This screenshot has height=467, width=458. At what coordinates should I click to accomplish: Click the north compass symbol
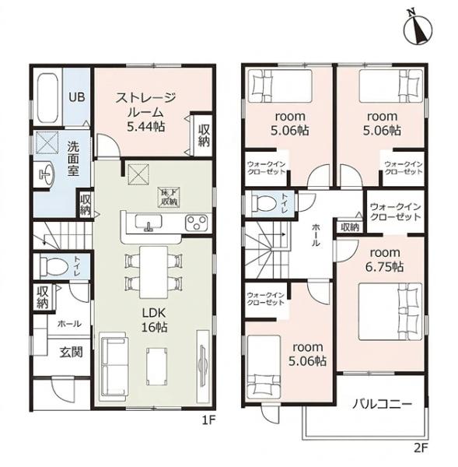[x=418, y=28]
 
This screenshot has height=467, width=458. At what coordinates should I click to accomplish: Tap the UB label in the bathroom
[x=77, y=97]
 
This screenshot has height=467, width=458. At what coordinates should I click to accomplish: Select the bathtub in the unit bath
[x=48, y=98]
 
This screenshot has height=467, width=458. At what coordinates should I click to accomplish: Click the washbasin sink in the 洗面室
[x=46, y=174]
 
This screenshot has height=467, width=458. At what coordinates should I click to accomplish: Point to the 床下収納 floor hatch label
[x=170, y=197]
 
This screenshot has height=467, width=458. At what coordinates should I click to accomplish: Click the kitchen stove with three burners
[x=197, y=223]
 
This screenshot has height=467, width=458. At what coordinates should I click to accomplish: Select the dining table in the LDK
[x=153, y=272]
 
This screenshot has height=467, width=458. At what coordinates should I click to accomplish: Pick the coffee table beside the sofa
[x=156, y=366]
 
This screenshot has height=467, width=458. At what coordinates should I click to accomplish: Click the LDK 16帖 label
[x=154, y=320]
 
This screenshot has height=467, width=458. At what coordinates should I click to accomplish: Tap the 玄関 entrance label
[x=71, y=352]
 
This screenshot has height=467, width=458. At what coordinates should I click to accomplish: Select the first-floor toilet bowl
[x=55, y=267]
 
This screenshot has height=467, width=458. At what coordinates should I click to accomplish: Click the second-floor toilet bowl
[x=265, y=203]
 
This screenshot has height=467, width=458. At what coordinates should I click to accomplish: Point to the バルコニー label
[x=382, y=404]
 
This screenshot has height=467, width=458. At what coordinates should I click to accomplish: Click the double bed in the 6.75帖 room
[x=390, y=311]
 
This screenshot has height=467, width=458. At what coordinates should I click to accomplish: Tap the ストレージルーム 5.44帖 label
[x=145, y=112]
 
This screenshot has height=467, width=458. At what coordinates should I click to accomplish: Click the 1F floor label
[x=208, y=420]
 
